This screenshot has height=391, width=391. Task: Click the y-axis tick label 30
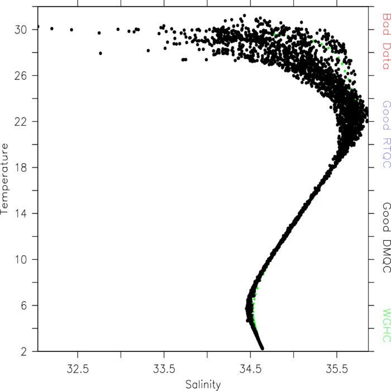point(21,30)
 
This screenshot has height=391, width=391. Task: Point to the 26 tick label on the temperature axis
point(21,76)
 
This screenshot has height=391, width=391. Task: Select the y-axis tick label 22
point(21,122)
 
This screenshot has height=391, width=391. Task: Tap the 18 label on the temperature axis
point(21,168)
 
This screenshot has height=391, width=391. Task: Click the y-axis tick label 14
point(21,214)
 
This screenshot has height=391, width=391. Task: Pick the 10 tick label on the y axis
point(21,260)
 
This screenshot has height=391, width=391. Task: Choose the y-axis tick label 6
point(23,306)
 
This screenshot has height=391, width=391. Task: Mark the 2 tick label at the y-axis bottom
point(23,352)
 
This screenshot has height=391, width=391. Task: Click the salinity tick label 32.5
point(78,369)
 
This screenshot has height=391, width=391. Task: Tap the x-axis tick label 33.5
point(164,369)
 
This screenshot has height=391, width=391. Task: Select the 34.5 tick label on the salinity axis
point(250,369)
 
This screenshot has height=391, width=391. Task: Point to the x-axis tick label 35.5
point(337,369)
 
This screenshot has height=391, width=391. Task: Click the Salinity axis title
point(203,385)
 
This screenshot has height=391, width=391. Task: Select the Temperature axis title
point(4,179)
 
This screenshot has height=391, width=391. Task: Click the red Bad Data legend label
point(387,41)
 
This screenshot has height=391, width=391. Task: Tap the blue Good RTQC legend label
point(387,134)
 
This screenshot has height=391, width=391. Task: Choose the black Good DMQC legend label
point(387,237)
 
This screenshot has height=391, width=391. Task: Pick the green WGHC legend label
point(387,325)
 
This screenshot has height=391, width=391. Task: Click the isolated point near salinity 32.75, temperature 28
point(101,54)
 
